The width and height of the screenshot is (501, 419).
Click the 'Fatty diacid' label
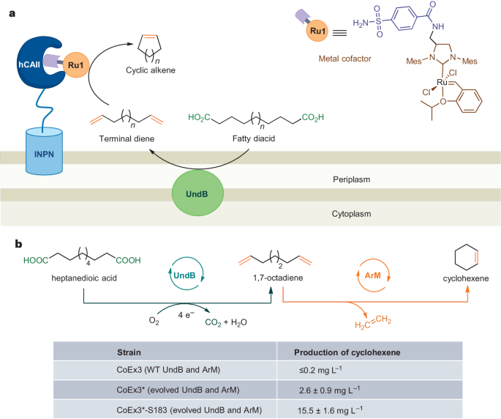[251, 136]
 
